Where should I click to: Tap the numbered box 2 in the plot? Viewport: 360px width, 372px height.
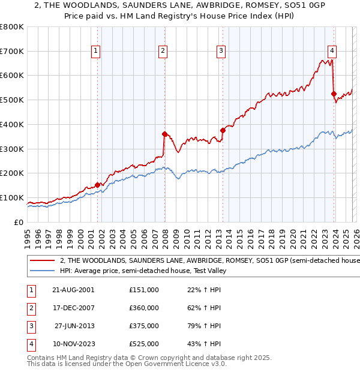[163, 52]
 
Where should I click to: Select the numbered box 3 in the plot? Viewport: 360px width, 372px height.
[221, 52]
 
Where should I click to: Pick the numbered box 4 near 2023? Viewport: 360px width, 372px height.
[332, 52]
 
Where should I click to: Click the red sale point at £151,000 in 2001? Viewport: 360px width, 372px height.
[97, 185]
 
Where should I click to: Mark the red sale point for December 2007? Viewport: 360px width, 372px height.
[164, 134]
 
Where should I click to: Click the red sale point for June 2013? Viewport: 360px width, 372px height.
[223, 130]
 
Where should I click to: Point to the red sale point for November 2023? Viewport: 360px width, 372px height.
[334, 94]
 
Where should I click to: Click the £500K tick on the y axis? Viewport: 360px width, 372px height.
[12, 100]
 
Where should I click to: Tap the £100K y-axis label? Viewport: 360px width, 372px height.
[12, 198]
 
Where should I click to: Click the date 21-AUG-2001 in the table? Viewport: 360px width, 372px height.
[74, 289]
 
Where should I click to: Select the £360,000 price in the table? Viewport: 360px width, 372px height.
[143, 308]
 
